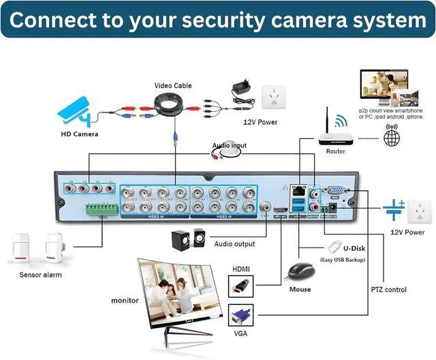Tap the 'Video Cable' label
(172, 86)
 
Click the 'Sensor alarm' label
(40, 275)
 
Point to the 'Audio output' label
(235, 244)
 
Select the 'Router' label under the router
(335, 151)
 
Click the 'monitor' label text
(125, 300)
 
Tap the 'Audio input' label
(228, 145)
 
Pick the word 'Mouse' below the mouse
(300, 289)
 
